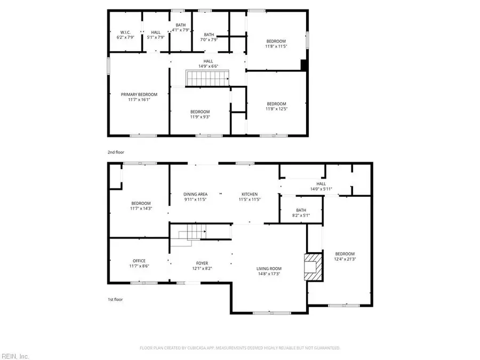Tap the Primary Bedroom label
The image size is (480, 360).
coord(139,97)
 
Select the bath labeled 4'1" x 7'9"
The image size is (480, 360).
coord(181,27)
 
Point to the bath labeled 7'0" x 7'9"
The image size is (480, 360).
coord(209,37)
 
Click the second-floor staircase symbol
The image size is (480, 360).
coord(207,78)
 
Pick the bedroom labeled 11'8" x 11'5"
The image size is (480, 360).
coord(276,44)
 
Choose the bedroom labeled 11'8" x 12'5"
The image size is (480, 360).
coord(276,106)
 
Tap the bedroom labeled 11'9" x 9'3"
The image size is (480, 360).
coord(200,114)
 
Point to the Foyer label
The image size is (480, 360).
coord(202,265)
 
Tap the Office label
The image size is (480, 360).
coord(139,263)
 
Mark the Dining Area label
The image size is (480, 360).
coord(195,196)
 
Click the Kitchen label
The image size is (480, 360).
coord(249,196)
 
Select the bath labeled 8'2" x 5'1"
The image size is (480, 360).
coord(301,212)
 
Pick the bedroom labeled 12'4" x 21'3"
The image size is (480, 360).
coord(345,256)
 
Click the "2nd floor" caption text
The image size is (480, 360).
coord(115,152)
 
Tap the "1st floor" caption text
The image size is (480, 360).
coord(115,299)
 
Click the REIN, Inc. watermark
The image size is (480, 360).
coord(16,356)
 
